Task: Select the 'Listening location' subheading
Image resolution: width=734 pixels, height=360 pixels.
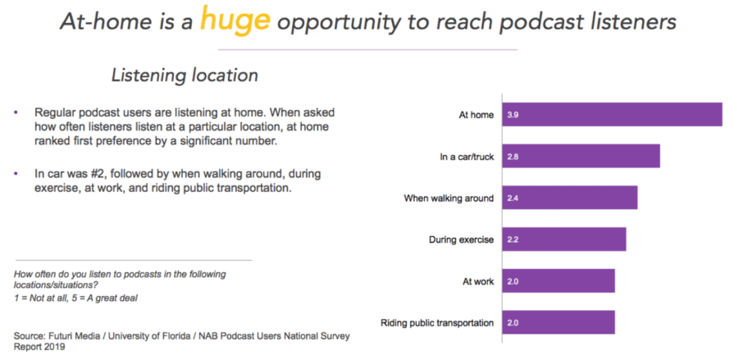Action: coord(185,75)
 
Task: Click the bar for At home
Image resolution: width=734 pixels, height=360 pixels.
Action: coord(612,115)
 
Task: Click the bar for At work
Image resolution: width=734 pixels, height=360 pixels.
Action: coord(558,280)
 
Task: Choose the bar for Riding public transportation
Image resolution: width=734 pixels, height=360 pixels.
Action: coord(558,322)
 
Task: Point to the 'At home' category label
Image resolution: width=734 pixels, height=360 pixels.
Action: coord(476,115)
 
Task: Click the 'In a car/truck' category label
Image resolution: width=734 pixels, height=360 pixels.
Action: coord(466,156)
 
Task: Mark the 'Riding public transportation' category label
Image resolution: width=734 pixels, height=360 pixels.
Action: coord(438,322)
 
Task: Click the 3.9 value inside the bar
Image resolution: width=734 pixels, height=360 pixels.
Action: coord(513,115)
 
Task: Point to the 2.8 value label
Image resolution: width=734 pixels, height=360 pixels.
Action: coord(513,156)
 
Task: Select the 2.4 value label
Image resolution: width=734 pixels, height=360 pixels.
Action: coord(513,198)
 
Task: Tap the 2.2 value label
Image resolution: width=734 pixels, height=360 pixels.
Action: coord(513,239)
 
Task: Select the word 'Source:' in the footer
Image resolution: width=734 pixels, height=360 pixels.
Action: coord(31,336)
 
